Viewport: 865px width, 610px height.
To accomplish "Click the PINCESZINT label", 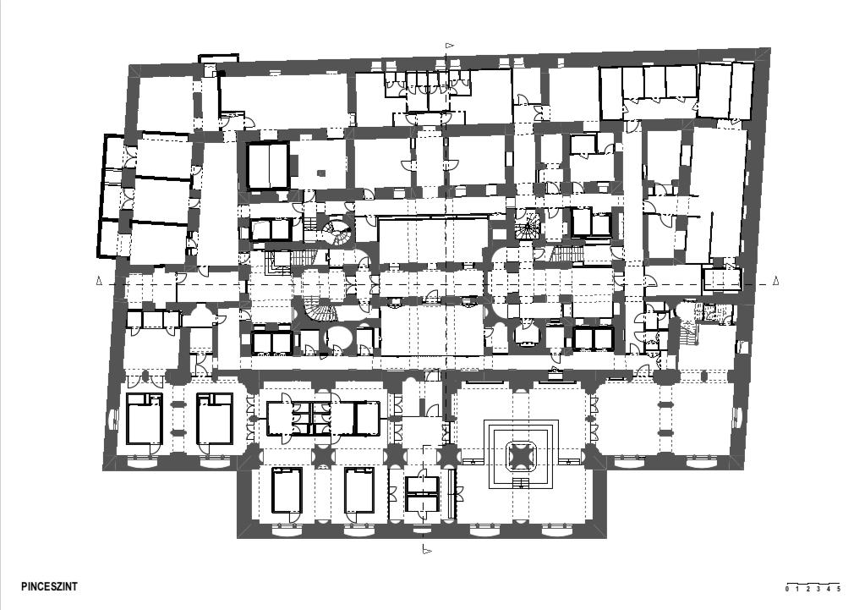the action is click(x=50, y=586).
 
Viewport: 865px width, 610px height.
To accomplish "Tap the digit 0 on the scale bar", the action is click(x=787, y=589).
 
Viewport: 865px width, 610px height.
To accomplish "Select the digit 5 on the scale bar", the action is click(x=839, y=589).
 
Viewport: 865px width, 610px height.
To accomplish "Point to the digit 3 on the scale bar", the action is click(x=818, y=589).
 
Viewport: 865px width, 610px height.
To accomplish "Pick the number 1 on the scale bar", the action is click(x=797, y=589).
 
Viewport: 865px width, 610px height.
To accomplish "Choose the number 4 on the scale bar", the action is click(x=829, y=589).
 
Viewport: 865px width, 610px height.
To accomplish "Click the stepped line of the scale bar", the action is click(x=813, y=584).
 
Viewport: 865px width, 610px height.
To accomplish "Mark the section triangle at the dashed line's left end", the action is click(x=99, y=281).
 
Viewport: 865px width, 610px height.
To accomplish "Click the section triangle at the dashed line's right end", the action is click(x=775, y=281).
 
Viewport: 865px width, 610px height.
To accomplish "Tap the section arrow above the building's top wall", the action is click(x=450, y=46).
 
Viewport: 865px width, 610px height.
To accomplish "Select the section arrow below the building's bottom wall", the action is click(x=426, y=550).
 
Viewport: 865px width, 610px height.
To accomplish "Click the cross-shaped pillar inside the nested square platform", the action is click(x=521, y=456).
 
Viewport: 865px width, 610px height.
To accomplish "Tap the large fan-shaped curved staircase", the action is click(x=320, y=311).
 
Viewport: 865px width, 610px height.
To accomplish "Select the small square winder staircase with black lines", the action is click(x=528, y=225).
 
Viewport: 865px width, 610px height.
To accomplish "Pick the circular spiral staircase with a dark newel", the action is click(x=337, y=232).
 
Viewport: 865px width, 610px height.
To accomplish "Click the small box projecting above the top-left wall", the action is click(x=218, y=58).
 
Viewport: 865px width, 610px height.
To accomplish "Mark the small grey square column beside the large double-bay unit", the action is click(x=321, y=173).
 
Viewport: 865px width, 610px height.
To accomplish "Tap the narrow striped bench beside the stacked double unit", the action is click(x=452, y=493).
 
